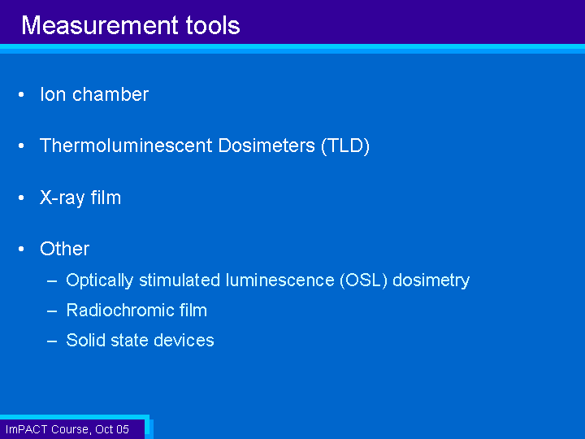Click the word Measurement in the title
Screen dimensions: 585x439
[x=100, y=25]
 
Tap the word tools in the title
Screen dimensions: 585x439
[x=213, y=25]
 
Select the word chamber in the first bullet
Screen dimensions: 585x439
[x=110, y=94]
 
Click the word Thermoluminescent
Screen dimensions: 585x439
[x=126, y=146]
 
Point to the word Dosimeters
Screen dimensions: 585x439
[x=266, y=146]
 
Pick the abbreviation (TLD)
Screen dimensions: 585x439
[x=345, y=146]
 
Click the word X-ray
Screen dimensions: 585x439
[x=63, y=198]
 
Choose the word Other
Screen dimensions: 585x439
[x=64, y=249]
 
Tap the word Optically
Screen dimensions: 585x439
[x=100, y=280]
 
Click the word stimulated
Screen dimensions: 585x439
[x=180, y=280]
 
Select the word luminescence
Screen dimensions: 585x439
[x=280, y=280]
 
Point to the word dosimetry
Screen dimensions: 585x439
[x=431, y=280]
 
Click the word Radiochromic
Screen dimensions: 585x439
[x=120, y=311]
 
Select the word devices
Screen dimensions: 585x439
[x=184, y=340]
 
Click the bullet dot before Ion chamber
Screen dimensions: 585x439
[x=21, y=95]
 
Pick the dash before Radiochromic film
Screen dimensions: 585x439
[x=52, y=311]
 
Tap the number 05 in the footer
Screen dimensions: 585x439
[x=123, y=429]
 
